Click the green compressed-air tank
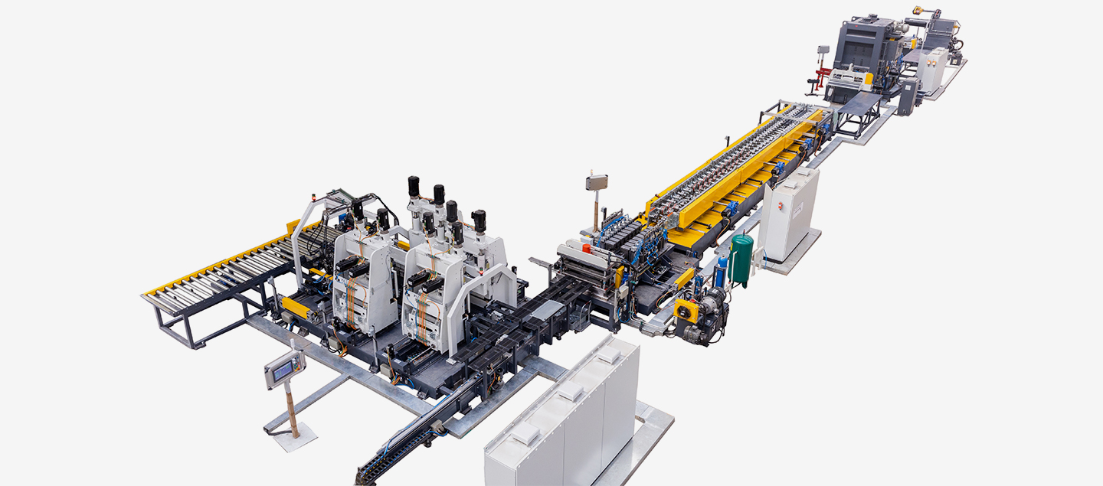(741, 258)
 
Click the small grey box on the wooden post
(596, 182)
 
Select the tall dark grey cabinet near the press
(908, 96)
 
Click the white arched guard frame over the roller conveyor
(306, 230)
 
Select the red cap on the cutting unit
(587, 247)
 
